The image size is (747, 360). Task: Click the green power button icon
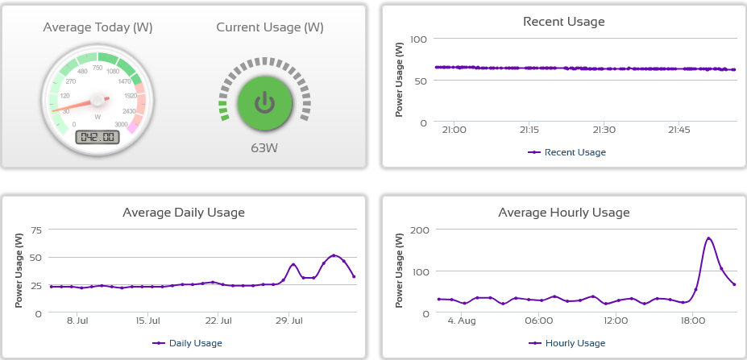(x=264, y=102)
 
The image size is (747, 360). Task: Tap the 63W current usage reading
(x=264, y=148)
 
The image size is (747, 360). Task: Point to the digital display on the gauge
(x=98, y=137)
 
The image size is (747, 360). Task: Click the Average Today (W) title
(x=98, y=27)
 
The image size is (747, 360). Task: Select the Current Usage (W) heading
(x=270, y=27)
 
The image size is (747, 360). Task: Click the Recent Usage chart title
(x=563, y=22)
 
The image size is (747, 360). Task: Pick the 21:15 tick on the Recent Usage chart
(x=529, y=130)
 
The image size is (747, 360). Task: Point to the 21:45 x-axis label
(x=679, y=130)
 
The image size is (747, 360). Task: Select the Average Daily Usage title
(x=184, y=213)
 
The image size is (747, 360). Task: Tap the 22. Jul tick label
(x=218, y=321)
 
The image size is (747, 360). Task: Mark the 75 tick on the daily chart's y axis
(x=35, y=230)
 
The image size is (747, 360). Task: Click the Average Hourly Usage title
(x=564, y=213)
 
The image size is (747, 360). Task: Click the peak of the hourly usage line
(x=708, y=238)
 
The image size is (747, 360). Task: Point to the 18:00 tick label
(x=692, y=321)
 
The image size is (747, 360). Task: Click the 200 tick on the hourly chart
(x=418, y=230)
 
